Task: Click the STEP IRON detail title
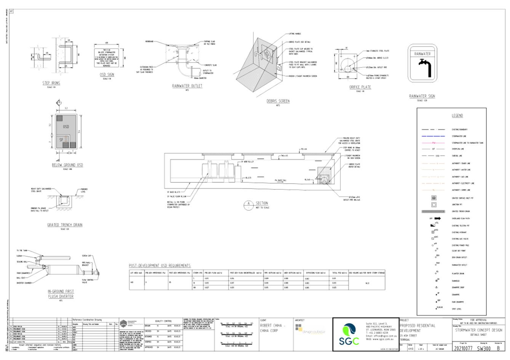(51, 83)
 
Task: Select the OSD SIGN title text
(107, 75)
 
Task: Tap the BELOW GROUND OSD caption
(68, 165)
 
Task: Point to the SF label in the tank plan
(61, 140)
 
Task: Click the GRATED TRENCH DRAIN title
(65, 225)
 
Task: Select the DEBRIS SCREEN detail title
(278, 101)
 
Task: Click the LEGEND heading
(457, 116)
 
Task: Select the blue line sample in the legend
(433, 136)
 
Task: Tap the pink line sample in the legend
(433, 143)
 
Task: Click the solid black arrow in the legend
(437, 219)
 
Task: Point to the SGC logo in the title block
(349, 334)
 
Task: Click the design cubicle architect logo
(310, 330)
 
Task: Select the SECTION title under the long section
(262, 204)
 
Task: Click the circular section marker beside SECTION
(248, 205)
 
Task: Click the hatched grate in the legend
(433, 211)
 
